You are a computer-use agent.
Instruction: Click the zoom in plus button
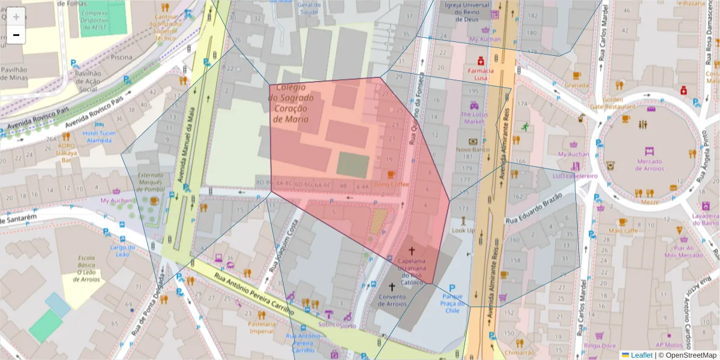coord(16,17)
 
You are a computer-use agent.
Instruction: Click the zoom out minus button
coord(16,35)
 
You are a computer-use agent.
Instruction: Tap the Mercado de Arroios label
coord(649,164)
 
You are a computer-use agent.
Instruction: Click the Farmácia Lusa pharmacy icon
coord(481,61)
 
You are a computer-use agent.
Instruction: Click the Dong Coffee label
coord(391,184)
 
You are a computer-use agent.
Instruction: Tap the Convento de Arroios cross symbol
coord(392,287)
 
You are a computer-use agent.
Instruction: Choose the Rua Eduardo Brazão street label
coord(533,208)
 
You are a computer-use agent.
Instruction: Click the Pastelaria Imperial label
coord(262,327)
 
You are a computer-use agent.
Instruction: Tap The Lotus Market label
coord(473,118)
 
